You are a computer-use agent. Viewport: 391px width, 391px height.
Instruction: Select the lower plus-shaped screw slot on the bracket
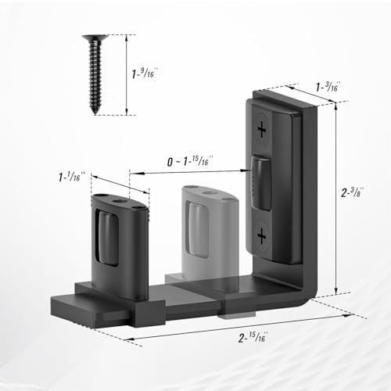[x=260, y=235]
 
